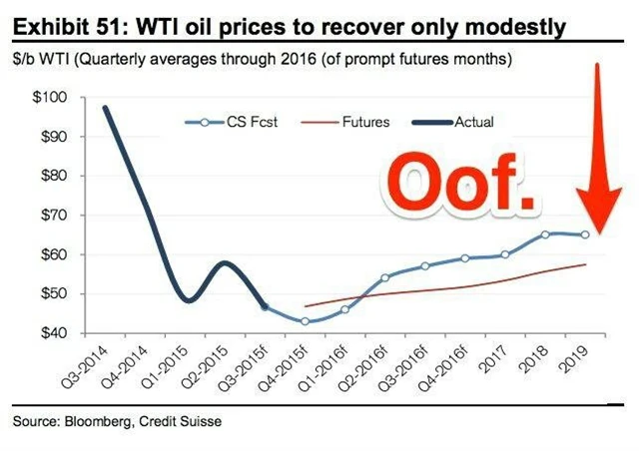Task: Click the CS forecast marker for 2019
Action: pos(585,234)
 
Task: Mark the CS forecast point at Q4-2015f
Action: pos(306,321)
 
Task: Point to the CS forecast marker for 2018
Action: pos(545,234)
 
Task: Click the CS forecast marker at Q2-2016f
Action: pos(385,277)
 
